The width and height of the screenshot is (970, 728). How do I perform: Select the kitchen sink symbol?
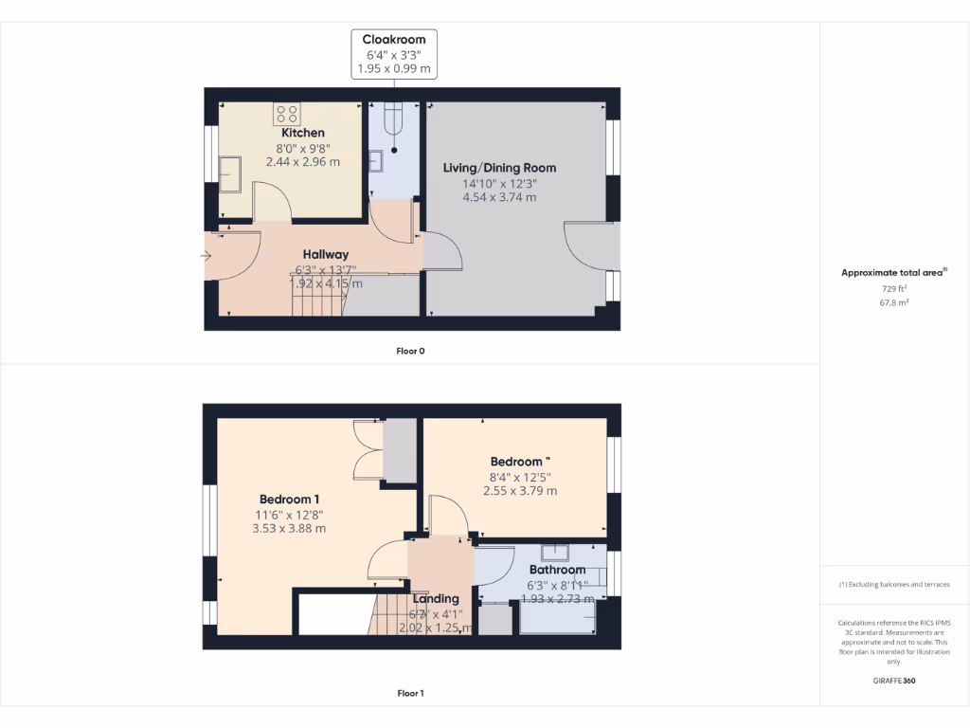[x=229, y=173]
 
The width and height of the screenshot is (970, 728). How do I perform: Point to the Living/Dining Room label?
[x=499, y=168]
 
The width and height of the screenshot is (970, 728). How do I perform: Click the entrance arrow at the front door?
[x=207, y=255]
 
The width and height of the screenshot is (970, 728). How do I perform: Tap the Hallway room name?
[x=326, y=254]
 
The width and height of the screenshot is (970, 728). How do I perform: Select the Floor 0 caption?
[x=410, y=351]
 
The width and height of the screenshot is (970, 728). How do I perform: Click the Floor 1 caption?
[x=410, y=693]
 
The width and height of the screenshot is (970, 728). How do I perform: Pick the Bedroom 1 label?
[x=289, y=500]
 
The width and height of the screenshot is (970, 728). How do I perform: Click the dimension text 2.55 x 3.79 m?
[x=520, y=491]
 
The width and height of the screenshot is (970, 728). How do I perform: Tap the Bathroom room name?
[x=557, y=570]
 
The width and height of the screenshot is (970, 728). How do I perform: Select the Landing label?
[x=436, y=598]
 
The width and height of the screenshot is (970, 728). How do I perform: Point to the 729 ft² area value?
[x=894, y=287]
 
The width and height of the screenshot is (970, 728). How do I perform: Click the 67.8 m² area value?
[x=894, y=302]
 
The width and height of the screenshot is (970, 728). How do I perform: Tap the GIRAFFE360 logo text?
[x=894, y=681]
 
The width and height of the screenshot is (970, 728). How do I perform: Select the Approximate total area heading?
[x=892, y=273]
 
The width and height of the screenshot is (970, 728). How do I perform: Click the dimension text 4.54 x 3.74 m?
[x=499, y=197]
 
